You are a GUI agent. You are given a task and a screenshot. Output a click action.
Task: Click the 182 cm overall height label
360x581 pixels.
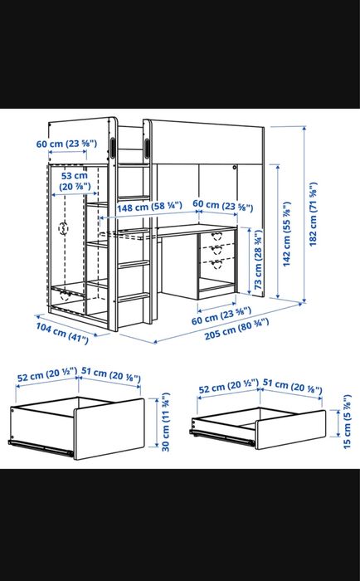point(313,214)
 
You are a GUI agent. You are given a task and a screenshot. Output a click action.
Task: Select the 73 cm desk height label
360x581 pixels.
point(258,259)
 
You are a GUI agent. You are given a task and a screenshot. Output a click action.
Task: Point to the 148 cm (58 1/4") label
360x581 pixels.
point(149,207)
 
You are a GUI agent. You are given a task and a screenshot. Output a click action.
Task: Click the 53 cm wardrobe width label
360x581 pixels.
point(75,180)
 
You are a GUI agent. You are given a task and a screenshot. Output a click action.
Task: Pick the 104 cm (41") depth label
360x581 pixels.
point(62,333)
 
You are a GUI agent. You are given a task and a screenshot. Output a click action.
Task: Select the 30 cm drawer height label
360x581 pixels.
point(165,422)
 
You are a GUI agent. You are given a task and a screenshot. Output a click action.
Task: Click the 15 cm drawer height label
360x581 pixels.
point(347,422)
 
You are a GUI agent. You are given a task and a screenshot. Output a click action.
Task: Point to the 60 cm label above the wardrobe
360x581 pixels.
point(66,144)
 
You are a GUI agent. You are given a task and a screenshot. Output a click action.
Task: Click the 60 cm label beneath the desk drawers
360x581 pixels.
point(221,315)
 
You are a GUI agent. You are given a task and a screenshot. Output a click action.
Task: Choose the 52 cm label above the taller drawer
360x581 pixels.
point(47,373)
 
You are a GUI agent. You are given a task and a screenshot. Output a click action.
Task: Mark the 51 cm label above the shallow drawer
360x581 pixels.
point(292,387)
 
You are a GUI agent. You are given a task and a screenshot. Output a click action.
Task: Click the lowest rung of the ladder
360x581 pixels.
point(134,297)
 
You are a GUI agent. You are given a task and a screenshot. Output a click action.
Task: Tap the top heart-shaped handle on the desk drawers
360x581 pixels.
point(217,236)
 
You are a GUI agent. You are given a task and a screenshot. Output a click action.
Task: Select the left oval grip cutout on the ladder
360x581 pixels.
point(113,148)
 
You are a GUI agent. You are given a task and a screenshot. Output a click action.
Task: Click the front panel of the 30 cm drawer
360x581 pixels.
point(109,429)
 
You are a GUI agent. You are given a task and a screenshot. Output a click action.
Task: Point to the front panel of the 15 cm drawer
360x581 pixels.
point(291,429)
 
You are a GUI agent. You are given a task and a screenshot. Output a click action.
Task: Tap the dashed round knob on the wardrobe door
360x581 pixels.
point(63,228)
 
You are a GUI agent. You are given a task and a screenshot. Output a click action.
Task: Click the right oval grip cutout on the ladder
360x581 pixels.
point(147,149)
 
